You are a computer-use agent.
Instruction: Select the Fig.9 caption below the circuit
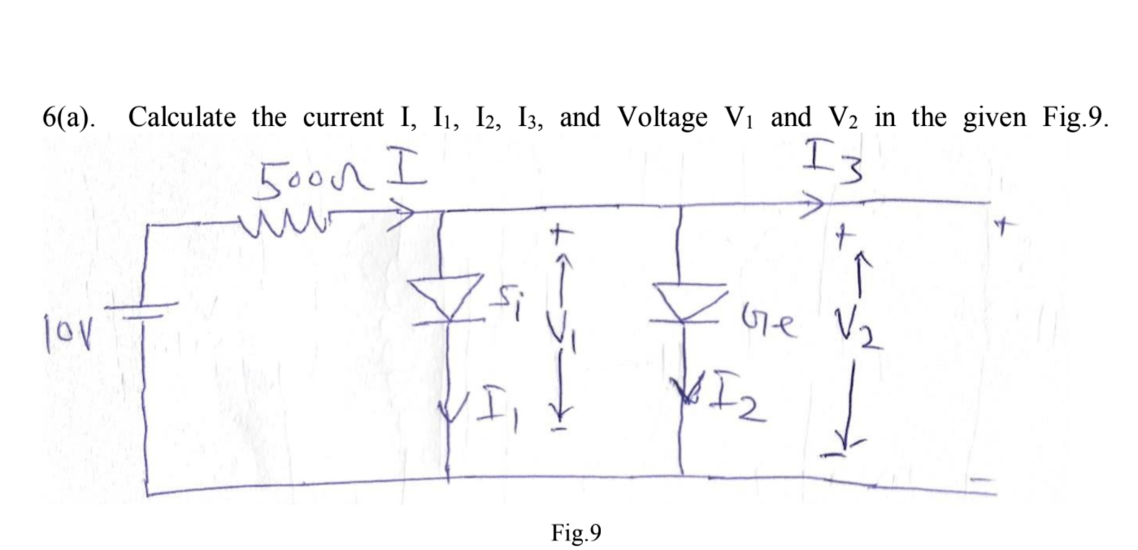click(x=575, y=533)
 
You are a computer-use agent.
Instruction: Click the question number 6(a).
click(x=67, y=119)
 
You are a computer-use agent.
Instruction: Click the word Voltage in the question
click(x=662, y=118)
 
